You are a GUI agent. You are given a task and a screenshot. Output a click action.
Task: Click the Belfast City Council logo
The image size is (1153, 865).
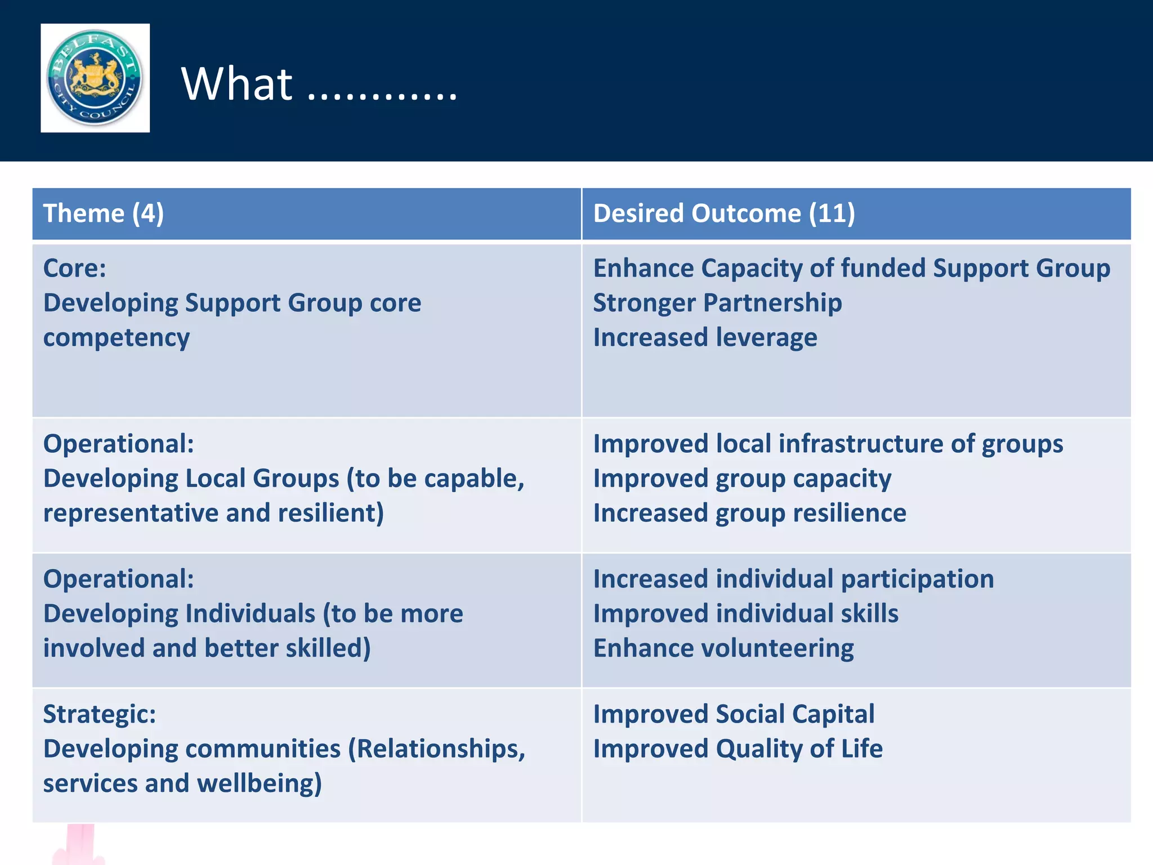(95, 78)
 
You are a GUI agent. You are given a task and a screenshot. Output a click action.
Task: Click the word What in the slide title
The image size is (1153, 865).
(236, 84)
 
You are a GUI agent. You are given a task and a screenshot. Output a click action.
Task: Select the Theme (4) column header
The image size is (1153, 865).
(104, 213)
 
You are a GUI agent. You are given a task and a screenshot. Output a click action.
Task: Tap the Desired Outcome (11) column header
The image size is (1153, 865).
(724, 213)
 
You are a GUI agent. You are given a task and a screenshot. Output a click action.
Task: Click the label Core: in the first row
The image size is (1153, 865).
(75, 268)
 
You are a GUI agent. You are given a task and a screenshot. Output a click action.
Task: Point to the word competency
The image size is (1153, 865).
(117, 338)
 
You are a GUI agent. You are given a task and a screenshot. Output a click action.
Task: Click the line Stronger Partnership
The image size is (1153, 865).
(717, 303)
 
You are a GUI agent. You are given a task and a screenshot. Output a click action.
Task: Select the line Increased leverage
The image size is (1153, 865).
(705, 338)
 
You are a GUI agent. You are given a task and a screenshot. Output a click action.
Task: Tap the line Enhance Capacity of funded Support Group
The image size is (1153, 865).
(851, 268)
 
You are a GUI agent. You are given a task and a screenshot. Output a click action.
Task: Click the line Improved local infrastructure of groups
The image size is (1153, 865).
(828, 444)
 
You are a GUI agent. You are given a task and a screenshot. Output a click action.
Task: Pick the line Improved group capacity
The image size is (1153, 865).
(742, 479)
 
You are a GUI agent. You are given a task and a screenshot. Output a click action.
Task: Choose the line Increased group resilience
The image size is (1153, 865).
(749, 513)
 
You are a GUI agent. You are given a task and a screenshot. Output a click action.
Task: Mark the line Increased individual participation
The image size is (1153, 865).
(793, 579)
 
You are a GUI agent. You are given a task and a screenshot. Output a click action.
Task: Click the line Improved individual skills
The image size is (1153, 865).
(745, 614)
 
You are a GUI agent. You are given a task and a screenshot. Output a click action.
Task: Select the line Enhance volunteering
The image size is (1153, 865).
(723, 648)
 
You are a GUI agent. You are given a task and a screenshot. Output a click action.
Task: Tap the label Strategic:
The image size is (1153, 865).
(100, 714)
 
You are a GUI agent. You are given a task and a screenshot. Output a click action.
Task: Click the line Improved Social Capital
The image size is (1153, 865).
(734, 714)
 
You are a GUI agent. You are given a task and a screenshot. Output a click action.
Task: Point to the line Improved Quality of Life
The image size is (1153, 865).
(738, 749)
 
